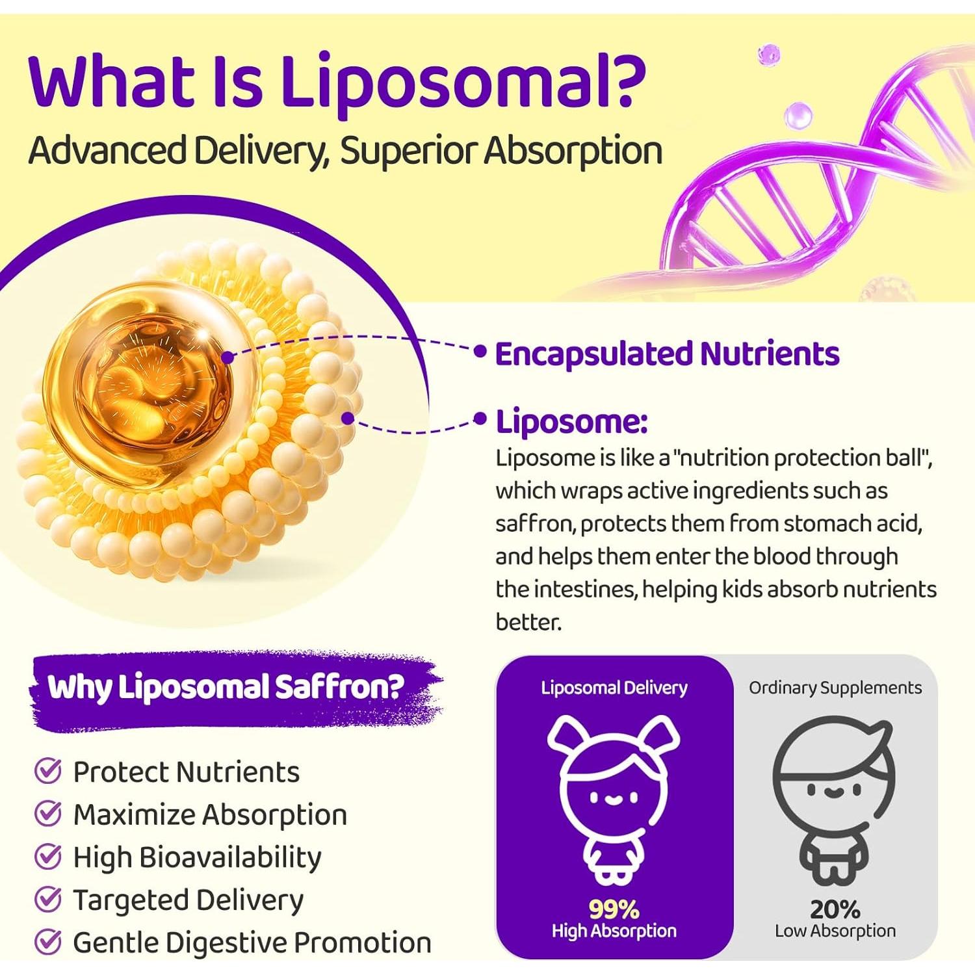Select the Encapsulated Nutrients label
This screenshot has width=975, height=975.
point(667,354)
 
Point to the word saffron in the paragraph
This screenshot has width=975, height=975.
point(534,524)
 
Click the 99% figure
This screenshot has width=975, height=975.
point(614,909)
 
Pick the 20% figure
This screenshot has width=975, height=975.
point(835,909)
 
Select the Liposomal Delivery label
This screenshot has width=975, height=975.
point(614,688)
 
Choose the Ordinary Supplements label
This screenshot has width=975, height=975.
point(835,688)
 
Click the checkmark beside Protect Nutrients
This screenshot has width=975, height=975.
point(47,772)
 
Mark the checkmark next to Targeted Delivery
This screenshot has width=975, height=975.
point(47,900)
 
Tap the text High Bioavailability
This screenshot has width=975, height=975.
point(197,857)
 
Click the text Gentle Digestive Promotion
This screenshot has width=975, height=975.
point(252,942)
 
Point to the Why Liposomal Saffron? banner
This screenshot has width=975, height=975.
point(226,688)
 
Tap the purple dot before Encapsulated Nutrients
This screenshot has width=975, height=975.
point(480,352)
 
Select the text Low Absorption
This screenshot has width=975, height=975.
point(835,931)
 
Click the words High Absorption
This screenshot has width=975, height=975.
point(614,931)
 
